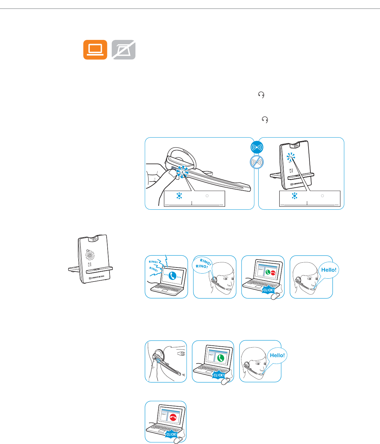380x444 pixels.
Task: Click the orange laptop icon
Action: tap(95, 50)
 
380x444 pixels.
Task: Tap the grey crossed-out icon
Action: tap(124, 50)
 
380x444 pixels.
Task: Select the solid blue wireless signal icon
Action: tap(257, 148)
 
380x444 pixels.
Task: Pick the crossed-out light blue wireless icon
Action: tap(257, 162)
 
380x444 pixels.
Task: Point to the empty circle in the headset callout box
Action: tap(207, 196)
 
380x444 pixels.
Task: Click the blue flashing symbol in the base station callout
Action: tap(294, 196)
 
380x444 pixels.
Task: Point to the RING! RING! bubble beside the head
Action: tap(202, 264)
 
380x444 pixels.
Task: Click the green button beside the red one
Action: tap(268, 273)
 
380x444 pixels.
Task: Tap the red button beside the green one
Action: tap(273, 273)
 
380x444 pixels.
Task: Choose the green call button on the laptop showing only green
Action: tap(220, 358)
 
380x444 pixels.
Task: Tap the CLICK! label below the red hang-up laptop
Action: tap(171, 434)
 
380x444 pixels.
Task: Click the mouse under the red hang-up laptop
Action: tap(179, 440)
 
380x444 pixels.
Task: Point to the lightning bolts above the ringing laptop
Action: tap(163, 262)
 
